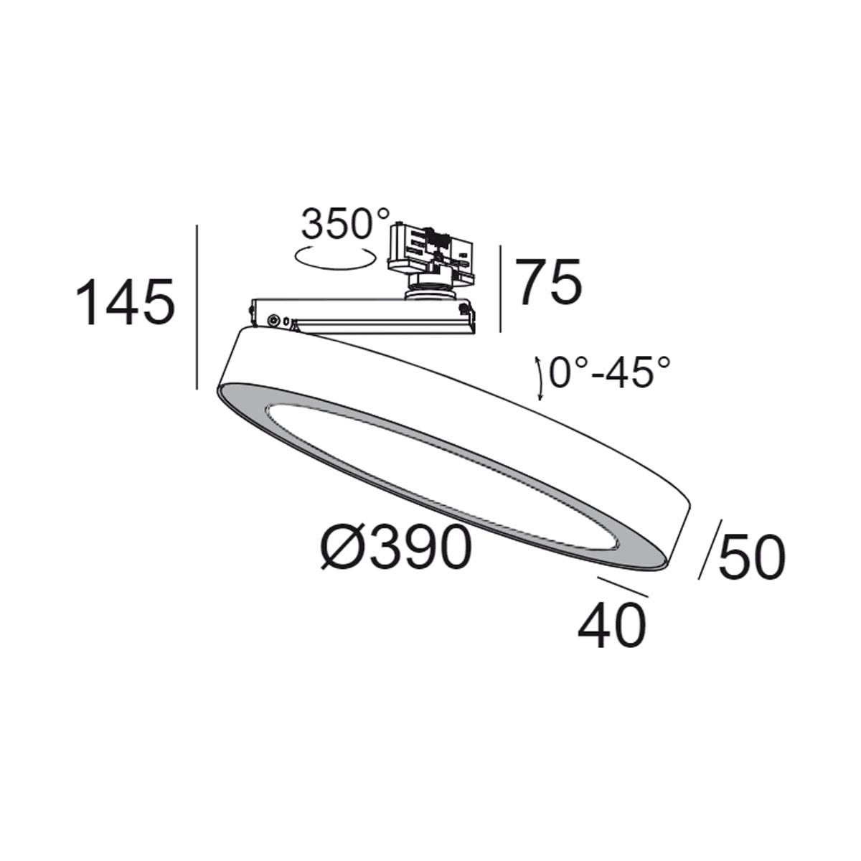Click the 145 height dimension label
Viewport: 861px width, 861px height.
click(x=126, y=302)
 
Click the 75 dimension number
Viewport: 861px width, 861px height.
click(x=550, y=283)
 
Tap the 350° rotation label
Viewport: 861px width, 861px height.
click(x=345, y=225)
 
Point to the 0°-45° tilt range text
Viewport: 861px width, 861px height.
click(x=611, y=373)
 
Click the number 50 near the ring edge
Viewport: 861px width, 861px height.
click(x=751, y=558)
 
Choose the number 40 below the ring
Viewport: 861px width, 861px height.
click(x=611, y=626)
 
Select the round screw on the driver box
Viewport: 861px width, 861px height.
click(x=273, y=320)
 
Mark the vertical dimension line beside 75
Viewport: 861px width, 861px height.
click(x=501, y=288)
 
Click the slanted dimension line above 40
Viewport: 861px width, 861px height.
click(x=622, y=586)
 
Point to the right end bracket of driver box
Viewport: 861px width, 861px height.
click(x=468, y=318)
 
